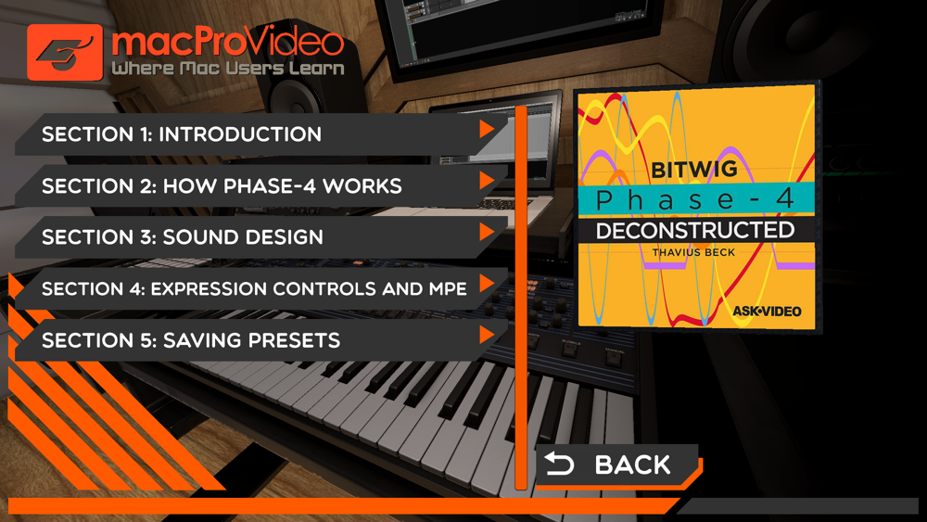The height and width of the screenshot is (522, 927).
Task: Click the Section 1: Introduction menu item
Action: [260, 134]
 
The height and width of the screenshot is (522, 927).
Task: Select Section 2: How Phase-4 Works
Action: [260, 185]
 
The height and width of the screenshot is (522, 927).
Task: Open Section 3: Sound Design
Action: [260, 237]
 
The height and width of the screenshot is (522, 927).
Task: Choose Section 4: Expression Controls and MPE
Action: [260, 288]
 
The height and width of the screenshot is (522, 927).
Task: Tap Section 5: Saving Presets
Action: [260, 340]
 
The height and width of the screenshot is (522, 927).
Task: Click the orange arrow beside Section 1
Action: [487, 129]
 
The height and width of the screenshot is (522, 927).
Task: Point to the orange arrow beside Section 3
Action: [487, 232]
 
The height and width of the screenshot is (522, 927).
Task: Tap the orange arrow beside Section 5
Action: [487, 335]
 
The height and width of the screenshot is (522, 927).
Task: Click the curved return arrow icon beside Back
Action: [559, 465]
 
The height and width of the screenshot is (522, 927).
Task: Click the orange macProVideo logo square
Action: [65, 52]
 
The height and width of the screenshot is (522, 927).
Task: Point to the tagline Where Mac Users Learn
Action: [228, 68]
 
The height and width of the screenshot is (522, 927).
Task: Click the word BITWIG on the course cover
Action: [694, 170]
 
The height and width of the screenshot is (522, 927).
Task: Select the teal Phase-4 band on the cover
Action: [696, 199]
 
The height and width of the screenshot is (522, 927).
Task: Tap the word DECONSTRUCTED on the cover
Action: [695, 231]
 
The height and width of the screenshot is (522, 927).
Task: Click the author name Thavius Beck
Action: [693, 252]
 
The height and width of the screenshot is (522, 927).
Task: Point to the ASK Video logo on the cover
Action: [767, 311]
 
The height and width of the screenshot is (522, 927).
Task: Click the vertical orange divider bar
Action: [521, 298]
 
